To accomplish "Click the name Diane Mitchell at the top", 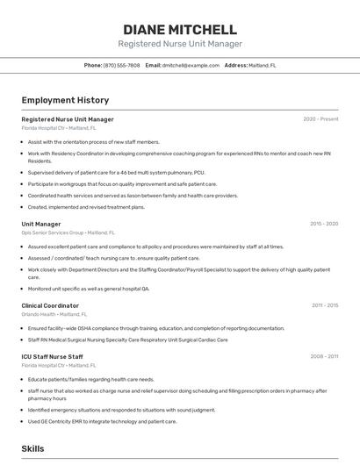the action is click(x=180, y=29).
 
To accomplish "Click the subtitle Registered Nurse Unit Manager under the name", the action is click(x=180, y=44).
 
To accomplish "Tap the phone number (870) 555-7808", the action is click(x=121, y=65).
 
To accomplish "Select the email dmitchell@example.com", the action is click(x=191, y=65).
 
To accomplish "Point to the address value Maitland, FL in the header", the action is click(x=263, y=65).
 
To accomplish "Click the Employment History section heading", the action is click(x=65, y=100).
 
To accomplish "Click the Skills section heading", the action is click(x=32, y=448).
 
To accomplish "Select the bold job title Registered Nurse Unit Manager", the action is click(x=68, y=119).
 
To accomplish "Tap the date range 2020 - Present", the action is click(x=320, y=119).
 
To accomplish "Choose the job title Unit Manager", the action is click(x=41, y=224).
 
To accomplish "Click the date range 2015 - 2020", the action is click(x=324, y=224).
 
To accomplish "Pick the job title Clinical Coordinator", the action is click(x=50, y=305).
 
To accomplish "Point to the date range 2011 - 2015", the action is click(x=325, y=305).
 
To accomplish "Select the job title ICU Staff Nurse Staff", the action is click(x=53, y=356).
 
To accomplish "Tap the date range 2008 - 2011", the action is click(x=325, y=356).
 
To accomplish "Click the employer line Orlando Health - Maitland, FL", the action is click(x=54, y=314).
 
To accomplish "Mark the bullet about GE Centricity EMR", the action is click(x=102, y=421).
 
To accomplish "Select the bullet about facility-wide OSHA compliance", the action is click(x=144, y=328).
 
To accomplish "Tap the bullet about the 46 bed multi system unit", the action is click(x=116, y=172).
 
